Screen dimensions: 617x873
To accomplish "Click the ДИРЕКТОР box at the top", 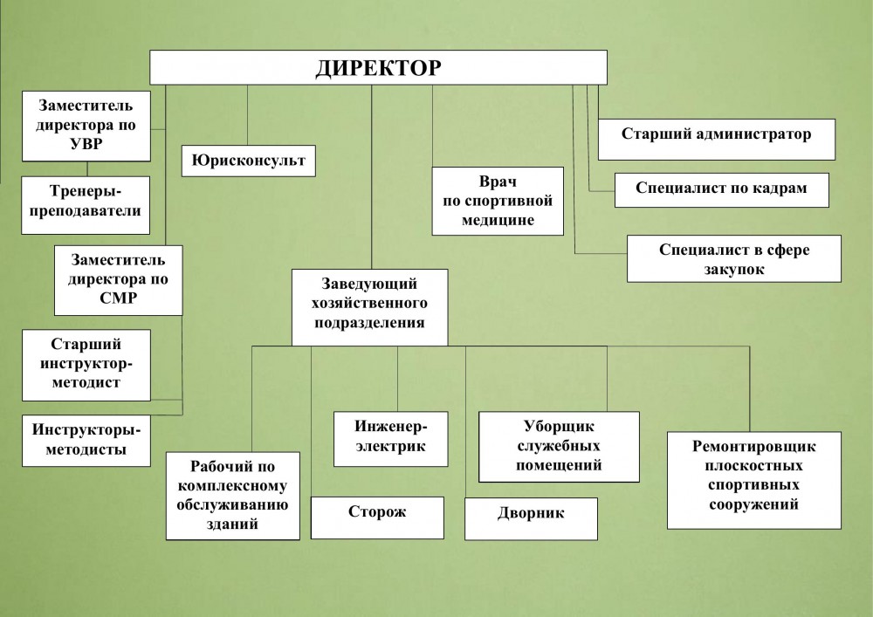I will tap(378, 67).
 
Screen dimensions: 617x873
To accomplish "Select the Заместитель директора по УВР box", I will tap(86, 126).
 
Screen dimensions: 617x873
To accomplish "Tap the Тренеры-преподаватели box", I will tap(86, 205).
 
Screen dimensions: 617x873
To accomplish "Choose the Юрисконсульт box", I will tap(249, 161).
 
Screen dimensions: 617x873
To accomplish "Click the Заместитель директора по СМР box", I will tap(118, 279).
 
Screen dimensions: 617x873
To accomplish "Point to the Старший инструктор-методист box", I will tap(86, 363).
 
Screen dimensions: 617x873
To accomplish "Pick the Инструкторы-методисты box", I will tap(86, 439).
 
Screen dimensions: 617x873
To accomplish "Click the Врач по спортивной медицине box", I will tap(498, 201).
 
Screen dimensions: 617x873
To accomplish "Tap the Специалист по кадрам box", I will tap(721, 189).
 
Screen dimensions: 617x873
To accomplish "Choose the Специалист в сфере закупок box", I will tap(733, 258).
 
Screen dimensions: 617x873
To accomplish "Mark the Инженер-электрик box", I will tap(390, 437).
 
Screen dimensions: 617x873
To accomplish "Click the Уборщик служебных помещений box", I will tap(559, 447).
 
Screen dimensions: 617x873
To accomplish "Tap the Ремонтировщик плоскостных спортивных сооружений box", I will tap(754, 479).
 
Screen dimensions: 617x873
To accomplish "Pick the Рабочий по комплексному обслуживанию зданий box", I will tap(232, 494).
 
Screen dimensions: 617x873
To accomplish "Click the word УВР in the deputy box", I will tap(85, 143).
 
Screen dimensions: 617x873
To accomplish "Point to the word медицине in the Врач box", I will tap(498, 220).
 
